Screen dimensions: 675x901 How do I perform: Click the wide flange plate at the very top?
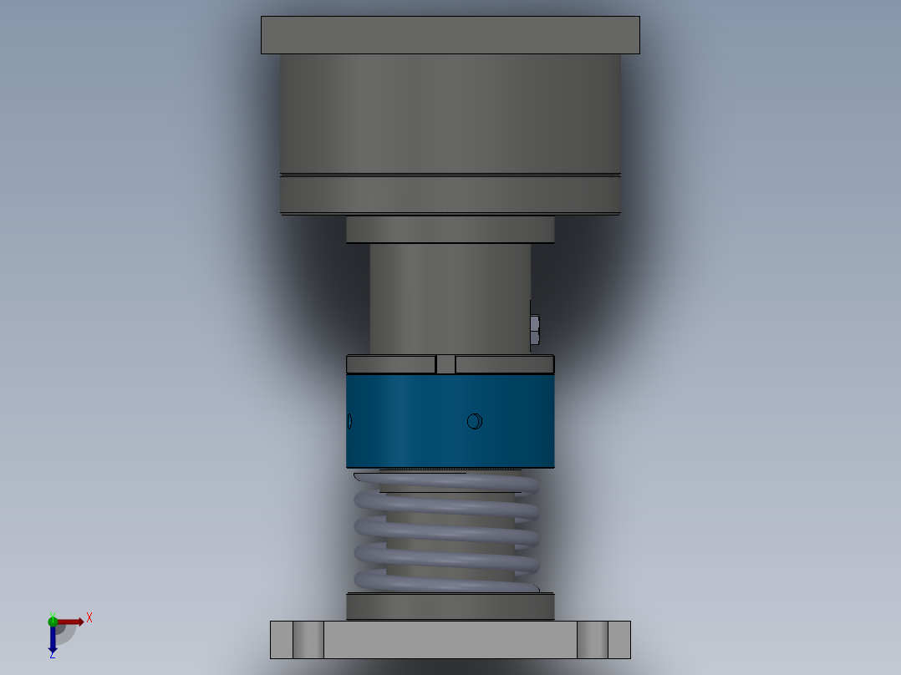coord(450,35)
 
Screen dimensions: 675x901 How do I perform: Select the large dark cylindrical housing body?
coord(450,117)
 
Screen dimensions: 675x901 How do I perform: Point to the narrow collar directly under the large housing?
coord(450,230)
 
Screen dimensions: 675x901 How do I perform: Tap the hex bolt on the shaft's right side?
coord(535,330)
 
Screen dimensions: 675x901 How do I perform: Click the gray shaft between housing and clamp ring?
coord(450,297)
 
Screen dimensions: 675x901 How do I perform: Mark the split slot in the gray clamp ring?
coord(445,364)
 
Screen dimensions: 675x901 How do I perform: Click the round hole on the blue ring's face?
coord(474,421)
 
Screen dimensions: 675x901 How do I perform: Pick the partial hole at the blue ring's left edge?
coord(349,421)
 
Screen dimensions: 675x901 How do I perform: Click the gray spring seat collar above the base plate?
coord(450,606)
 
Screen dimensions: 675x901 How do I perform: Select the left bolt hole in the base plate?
coord(308,640)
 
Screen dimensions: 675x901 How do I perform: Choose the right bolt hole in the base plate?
coord(593,640)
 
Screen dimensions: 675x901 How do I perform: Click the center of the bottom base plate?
coord(450,640)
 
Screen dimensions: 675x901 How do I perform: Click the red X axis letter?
coord(89,618)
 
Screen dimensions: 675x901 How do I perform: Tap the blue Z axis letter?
coord(52,655)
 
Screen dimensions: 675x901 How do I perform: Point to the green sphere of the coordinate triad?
coord(53,621)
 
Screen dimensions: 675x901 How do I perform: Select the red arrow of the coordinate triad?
coord(71,622)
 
